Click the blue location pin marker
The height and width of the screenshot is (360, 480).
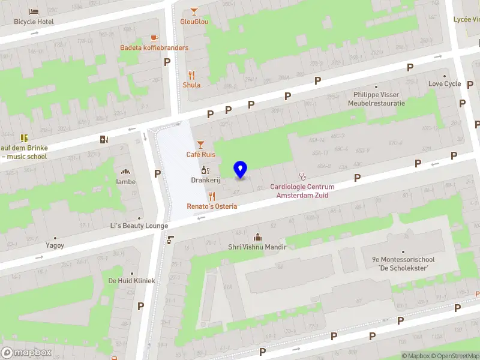tap(241, 169)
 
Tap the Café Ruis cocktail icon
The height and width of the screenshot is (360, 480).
tap(200, 144)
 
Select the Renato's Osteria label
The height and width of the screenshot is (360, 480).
tap(212, 206)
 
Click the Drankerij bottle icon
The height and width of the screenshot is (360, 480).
tap(204, 170)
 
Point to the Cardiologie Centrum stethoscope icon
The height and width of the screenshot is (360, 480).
tap(302, 176)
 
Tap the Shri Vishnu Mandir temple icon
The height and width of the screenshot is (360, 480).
tap(257, 237)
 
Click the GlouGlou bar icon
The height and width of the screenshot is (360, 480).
tap(194, 11)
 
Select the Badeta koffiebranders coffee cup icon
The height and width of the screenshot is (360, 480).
tap(154, 37)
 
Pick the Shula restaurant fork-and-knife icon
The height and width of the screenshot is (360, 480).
tap(191, 75)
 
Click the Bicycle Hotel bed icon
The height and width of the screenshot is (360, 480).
tap(34, 11)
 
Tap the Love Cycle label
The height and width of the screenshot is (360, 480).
tap(444, 84)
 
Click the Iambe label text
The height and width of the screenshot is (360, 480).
tap(126, 182)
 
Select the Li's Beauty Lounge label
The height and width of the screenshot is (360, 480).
tap(139, 226)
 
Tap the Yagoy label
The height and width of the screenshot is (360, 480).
tap(55, 245)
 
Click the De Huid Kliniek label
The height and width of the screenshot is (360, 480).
tap(131, 281)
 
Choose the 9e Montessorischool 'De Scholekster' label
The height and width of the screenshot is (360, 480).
tap(402, 263)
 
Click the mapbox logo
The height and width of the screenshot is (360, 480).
tap(26, 352)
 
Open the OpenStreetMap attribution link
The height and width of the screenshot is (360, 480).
tap(453, 356)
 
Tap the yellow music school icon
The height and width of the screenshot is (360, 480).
tap(24, 139)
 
